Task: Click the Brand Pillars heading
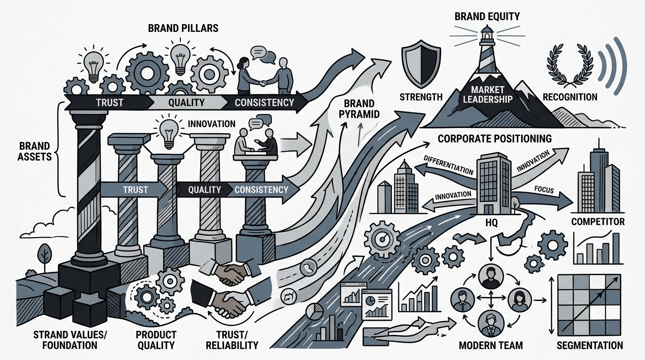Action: [183, 28]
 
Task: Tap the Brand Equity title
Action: [487, 16]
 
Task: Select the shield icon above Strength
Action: [421, 64]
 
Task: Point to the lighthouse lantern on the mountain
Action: [487, 33]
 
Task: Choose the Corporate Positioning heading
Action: [495, 139]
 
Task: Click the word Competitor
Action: [598, 221]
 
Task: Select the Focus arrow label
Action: [544, 189]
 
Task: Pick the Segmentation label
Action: [590, 345]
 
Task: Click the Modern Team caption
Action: [491, 345]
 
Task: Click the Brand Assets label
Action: [34, 151]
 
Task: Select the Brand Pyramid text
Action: [359, 109]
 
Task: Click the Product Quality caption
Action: [156, 340]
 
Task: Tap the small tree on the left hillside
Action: [45, 255]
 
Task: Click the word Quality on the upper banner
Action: [186, 102]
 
